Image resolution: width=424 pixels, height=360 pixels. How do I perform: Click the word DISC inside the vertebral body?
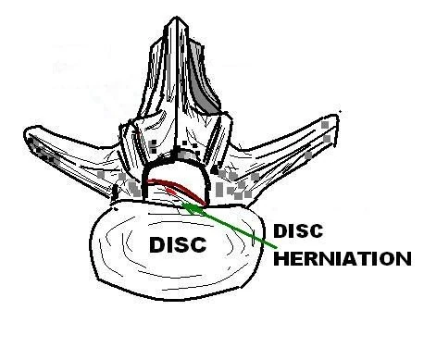click(178, 245)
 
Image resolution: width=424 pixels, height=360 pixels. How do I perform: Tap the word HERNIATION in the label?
click(343, 258)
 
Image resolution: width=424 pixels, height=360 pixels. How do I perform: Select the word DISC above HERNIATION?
click(298, 230)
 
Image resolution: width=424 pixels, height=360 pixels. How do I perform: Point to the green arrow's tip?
click(183, 204)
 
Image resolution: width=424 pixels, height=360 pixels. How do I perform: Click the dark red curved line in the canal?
click(179, 186)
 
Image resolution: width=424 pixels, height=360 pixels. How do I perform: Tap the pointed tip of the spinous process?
click(176, 17)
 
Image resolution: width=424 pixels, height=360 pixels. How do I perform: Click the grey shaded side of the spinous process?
click(202, 76)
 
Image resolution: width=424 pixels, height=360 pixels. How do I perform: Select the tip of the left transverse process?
click(26, 133)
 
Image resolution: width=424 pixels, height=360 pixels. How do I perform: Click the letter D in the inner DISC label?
click(157, 245)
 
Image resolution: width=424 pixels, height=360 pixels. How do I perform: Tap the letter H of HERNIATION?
click(281, 258)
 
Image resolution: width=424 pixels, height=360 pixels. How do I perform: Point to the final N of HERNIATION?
click(404, 258)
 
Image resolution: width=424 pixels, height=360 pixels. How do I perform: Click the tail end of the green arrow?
click(276, 247)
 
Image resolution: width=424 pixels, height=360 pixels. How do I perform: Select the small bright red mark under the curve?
click(171, 191)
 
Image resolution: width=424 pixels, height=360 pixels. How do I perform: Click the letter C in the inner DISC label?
click(198, 245)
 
